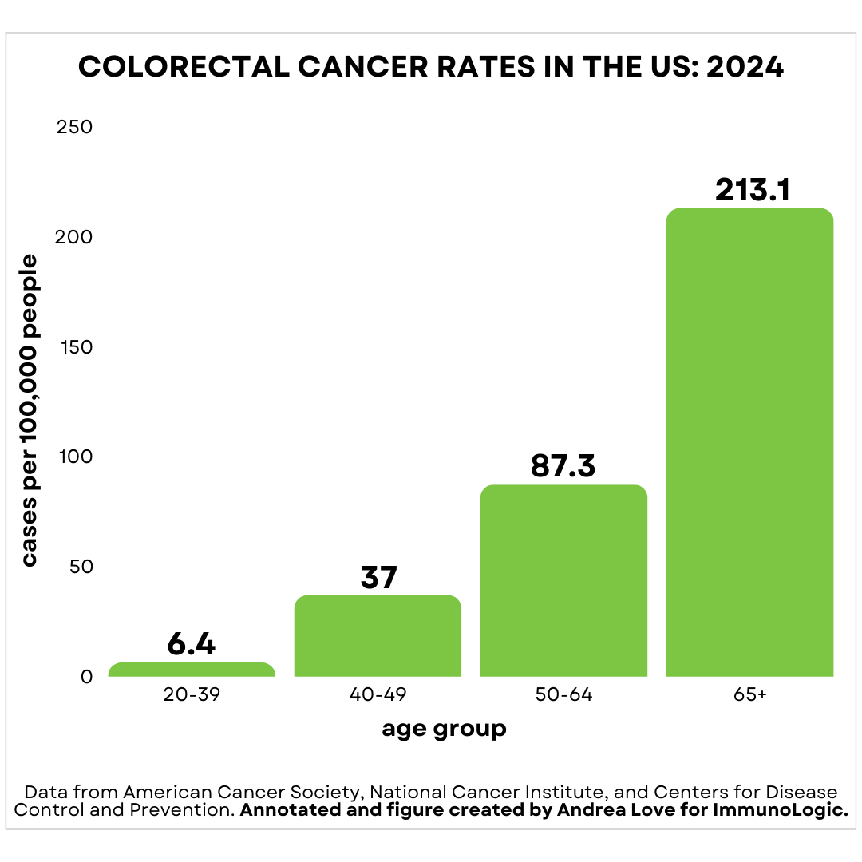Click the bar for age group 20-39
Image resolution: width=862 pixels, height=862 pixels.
[x=192, y=670]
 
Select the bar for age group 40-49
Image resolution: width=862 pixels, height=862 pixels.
[x=378, y=636]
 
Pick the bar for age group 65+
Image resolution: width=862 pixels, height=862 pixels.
[x=749, y=443]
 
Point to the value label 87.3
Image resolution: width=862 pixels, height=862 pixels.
[x=563, y=466]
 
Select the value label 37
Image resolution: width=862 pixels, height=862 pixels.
[x=378, y=577]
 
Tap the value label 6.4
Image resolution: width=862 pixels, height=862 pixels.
[x=192, y=644]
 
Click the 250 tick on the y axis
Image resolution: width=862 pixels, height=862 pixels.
[x=75, y=127]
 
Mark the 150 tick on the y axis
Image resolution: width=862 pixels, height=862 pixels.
[x=76, y=347]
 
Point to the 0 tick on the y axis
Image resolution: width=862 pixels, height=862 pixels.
[x=87, y=677]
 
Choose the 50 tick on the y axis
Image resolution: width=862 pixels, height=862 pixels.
[x=80, y=567]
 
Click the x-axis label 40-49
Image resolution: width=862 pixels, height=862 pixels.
[x=378, y=695]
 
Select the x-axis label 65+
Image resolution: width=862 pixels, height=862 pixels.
[x=750, y=695]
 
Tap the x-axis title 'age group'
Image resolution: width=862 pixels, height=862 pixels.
[x=444, y=729]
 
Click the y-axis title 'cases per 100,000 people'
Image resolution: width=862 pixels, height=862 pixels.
[x=30, y=410]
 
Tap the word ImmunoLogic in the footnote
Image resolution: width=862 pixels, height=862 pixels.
[x=791, y=810]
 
